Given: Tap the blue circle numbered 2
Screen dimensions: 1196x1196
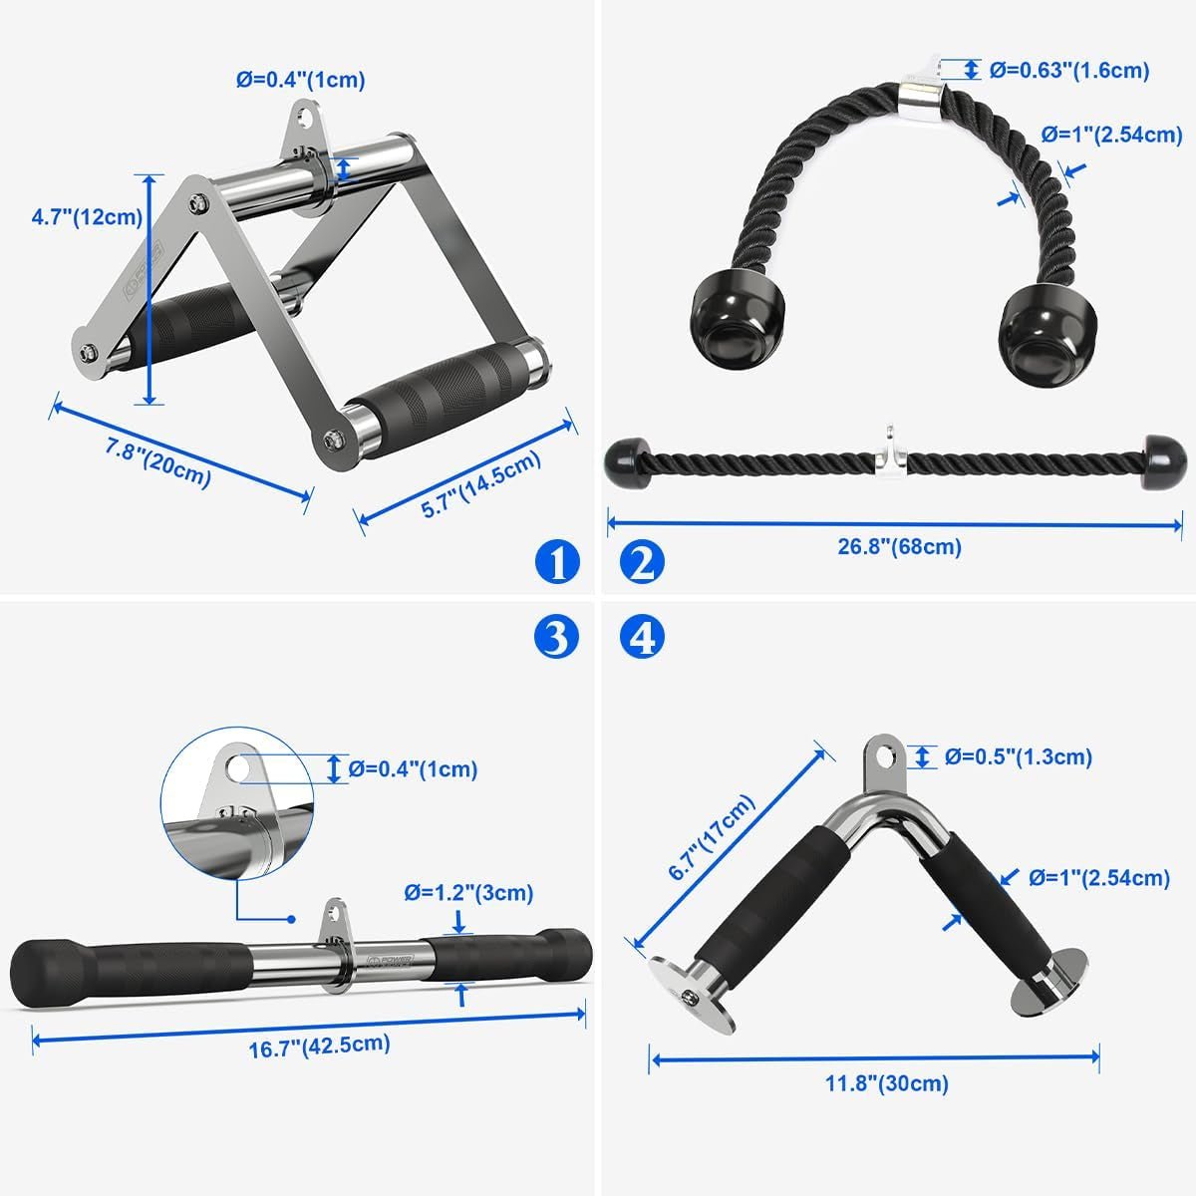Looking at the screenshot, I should (642, 562).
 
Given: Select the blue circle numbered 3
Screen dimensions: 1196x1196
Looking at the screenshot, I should (556, 636).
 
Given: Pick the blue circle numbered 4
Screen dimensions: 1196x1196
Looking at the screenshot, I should (642, 636).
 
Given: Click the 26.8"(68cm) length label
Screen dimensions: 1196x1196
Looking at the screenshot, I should (899, 546).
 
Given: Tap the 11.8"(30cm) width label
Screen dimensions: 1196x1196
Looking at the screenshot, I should (886, 1083).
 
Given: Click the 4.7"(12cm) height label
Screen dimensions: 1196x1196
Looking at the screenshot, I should (87, 216).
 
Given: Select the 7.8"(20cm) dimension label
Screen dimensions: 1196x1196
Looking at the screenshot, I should (158, 463).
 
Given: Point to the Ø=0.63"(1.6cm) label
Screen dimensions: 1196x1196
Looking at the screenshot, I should (1068, 70).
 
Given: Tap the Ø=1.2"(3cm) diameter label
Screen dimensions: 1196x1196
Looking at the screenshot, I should (468, 893).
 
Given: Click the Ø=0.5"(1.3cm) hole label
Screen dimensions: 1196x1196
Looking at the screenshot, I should (1019, 756).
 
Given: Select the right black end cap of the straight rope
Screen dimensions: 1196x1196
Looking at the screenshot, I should (1158, 462).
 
